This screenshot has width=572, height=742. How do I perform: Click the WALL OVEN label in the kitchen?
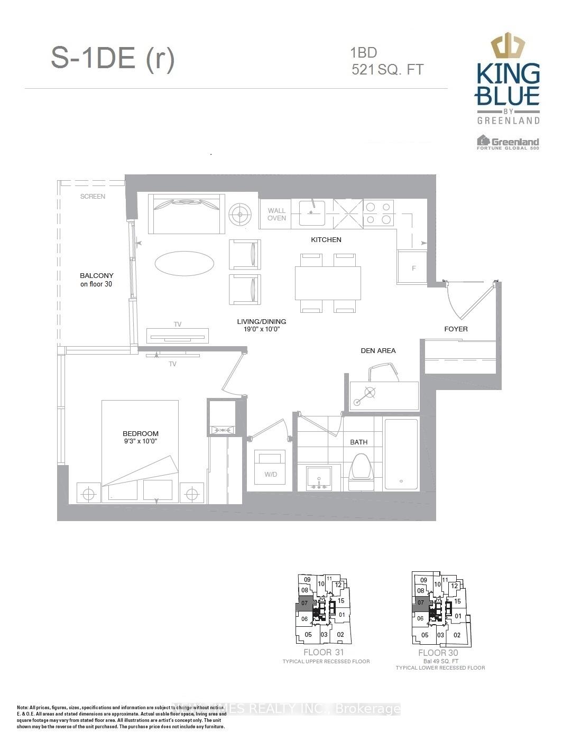pos(276,214)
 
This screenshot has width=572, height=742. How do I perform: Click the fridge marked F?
pos(413,267)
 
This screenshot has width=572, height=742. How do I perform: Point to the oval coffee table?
pos(184,263)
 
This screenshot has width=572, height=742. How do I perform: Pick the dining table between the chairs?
pos(328,283)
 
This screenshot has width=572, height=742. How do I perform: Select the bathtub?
pos(401,454)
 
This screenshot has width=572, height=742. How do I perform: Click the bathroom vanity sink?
pos(319,479)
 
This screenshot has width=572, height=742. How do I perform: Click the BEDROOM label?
pos(141,433)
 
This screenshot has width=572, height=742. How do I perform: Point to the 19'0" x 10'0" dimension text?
pos(261,329)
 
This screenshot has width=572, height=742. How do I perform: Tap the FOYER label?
pos(456,329)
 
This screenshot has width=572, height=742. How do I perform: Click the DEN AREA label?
pos(378,350)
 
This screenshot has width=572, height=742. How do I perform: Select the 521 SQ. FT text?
pos(388,69)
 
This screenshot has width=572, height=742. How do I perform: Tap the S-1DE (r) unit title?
pos(113,58)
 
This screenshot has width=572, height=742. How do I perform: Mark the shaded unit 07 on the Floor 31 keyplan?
pos(304,603)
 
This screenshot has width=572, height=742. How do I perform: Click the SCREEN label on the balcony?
pos(93,197)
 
